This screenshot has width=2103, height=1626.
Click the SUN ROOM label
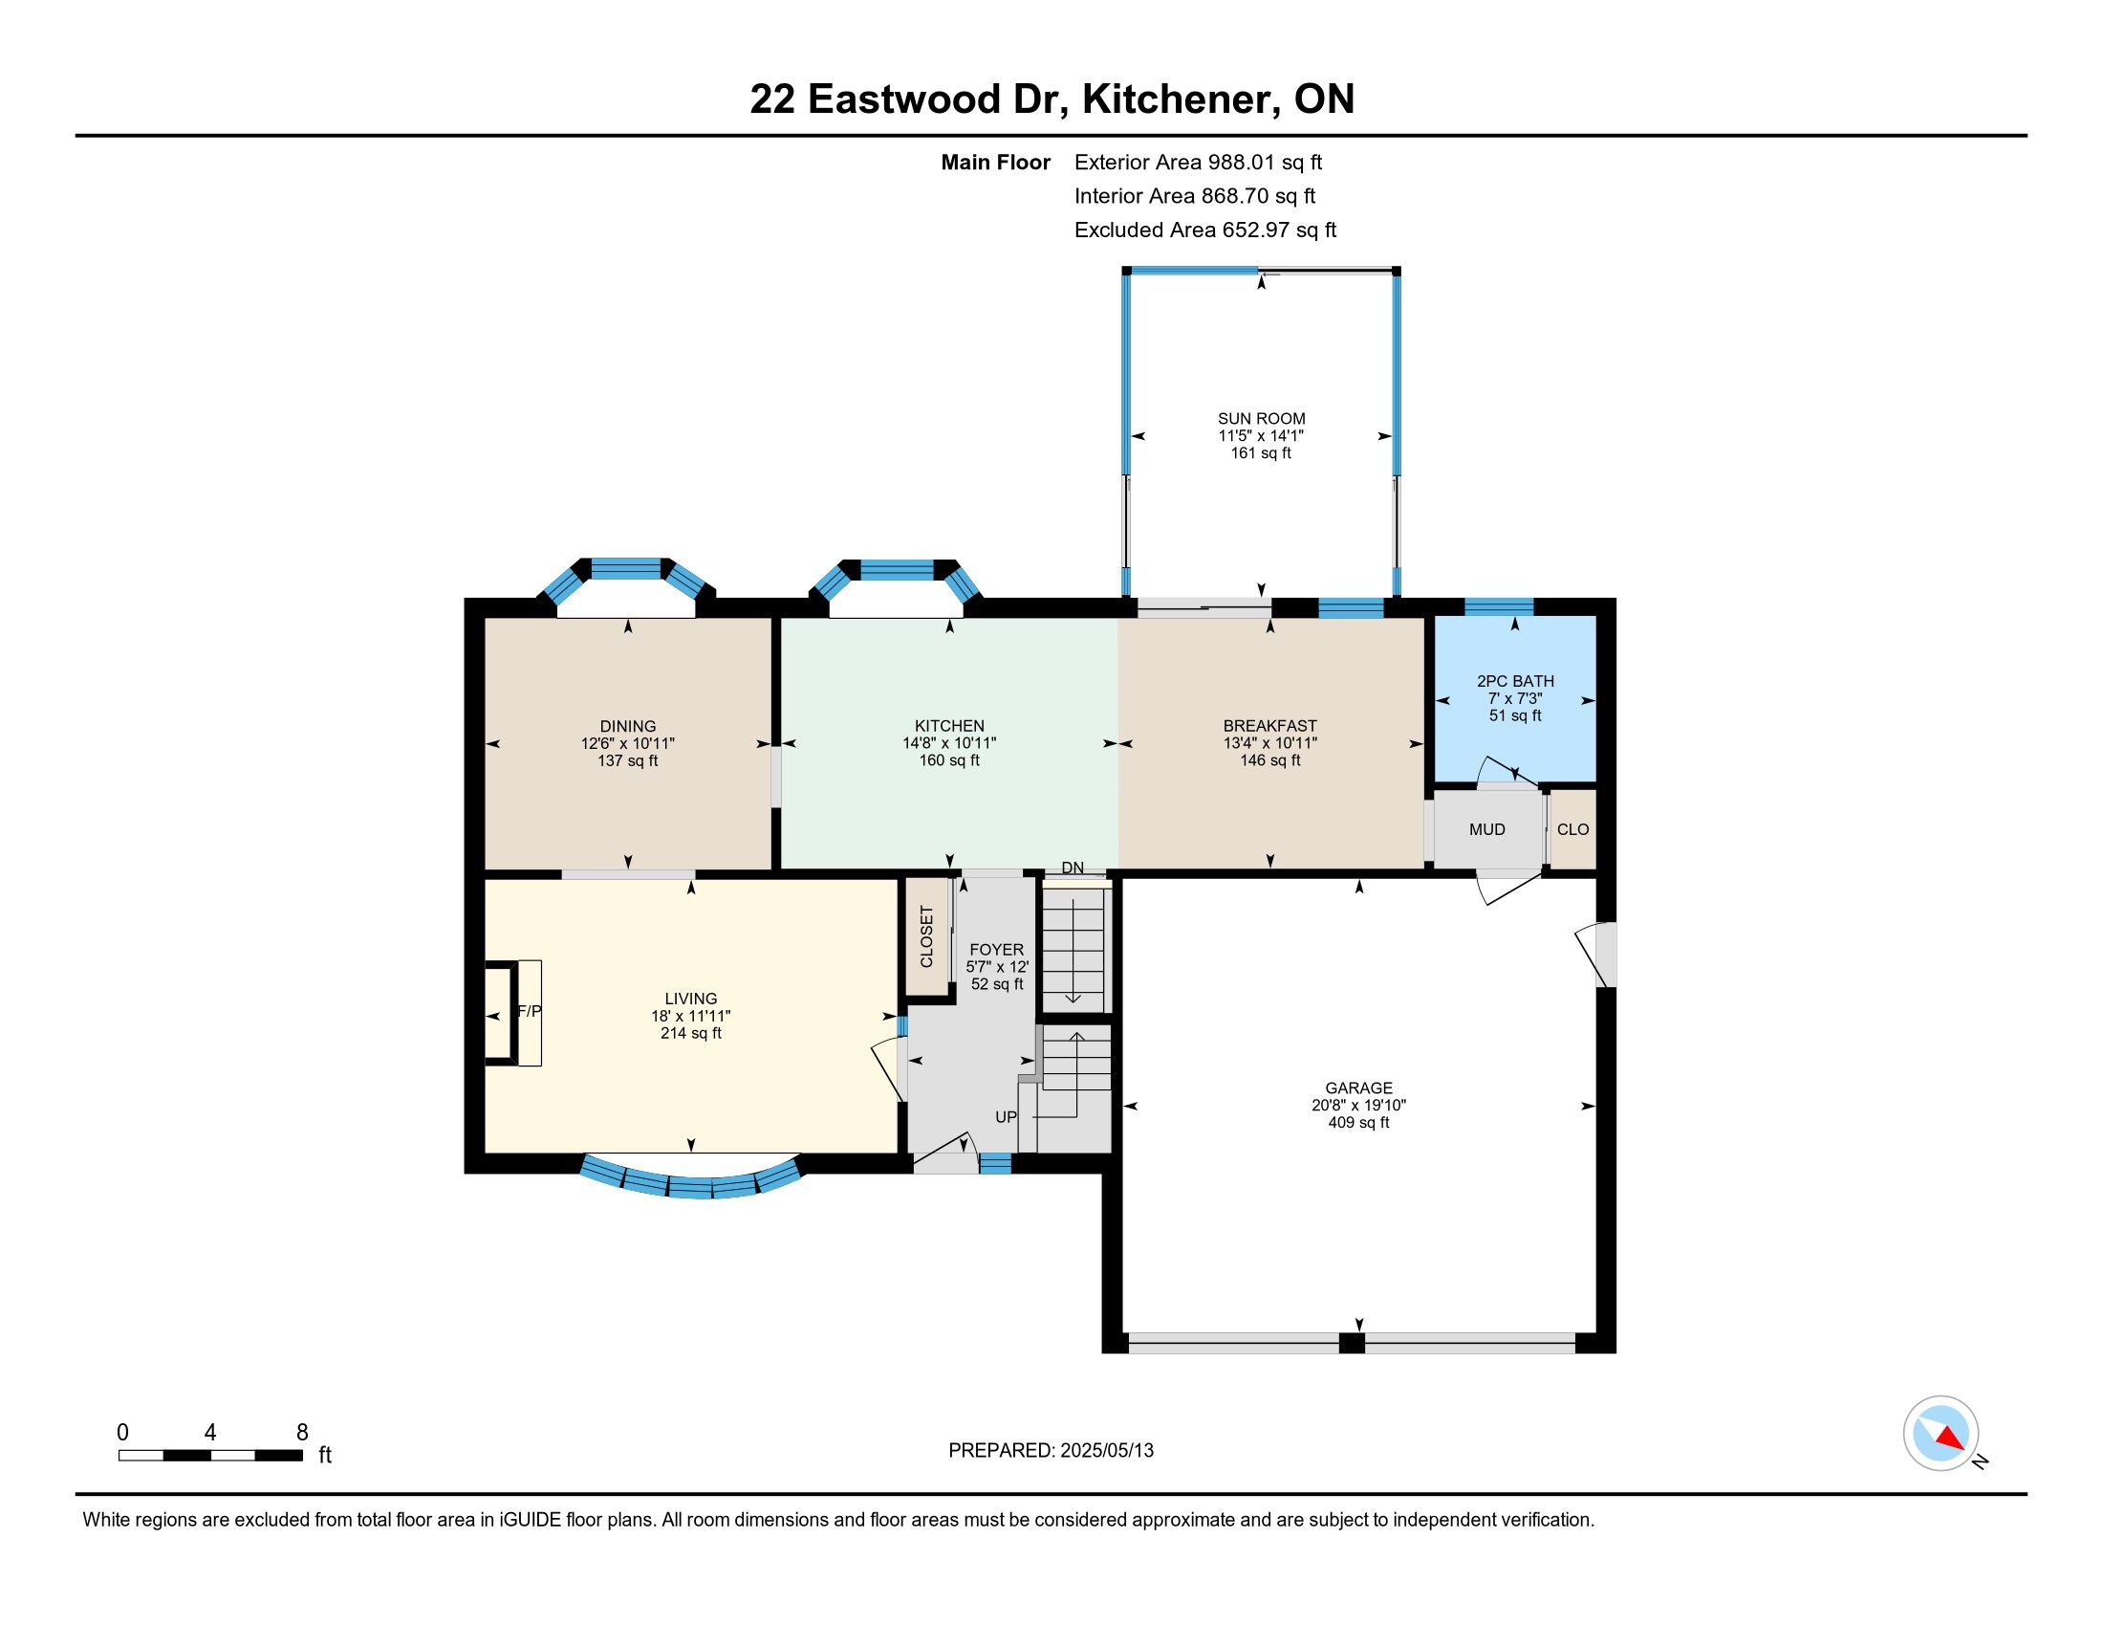[1262, 418]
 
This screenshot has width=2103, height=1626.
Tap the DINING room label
[628, 726]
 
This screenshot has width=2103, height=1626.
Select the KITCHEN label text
[949, 726]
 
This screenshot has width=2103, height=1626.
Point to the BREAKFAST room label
[1270, 726]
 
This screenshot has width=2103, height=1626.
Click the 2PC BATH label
[1516, 681]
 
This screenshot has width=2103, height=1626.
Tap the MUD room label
[1486, 829]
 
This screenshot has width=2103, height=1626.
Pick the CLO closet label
[1573, 829]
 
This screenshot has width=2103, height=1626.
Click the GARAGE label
[1358, 1088]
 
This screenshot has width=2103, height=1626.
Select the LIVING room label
[691, 999]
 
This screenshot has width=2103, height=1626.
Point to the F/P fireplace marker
[530, 1011]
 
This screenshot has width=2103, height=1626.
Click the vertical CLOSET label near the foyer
[927, 936]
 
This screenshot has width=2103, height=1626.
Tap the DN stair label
[1073, 868]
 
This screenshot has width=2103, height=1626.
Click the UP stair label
[1007, 1117]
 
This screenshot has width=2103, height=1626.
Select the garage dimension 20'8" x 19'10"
[1358, 1106]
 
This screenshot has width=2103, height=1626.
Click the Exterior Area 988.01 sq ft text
[1199, 163]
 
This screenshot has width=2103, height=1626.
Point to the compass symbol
[1941, 1434]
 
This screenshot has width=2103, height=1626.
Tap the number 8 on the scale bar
[302, 1433]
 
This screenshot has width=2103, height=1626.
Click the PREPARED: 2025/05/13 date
[1051, 1451]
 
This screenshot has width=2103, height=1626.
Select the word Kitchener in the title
[1181, 99]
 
